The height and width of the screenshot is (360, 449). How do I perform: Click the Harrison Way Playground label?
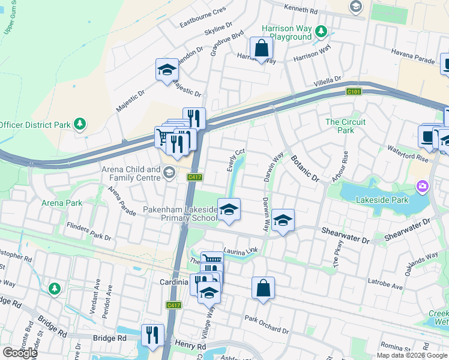tap(286, 32)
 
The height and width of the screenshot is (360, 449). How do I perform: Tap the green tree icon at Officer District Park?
tap(79, 124)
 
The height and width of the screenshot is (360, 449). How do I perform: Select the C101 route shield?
tap(354, 91)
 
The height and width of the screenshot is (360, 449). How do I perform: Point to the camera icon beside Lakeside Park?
tap(423, 187)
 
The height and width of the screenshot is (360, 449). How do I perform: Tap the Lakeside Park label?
tap(382, 200)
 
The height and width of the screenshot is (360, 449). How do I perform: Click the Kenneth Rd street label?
tap(301, 11)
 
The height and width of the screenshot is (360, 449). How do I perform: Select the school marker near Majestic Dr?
tap(167, 70)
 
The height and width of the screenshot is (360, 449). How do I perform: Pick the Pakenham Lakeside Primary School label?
tap(180, 214)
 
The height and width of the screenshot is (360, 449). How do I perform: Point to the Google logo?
tap(20, 353)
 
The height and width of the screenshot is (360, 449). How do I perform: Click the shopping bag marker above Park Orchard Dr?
tap(263, 288)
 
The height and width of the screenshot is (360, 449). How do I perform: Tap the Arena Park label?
tap(62, 203)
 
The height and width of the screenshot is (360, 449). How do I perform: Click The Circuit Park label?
tap(345, 126)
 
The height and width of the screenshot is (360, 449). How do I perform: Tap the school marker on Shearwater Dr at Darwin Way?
tap(283, 221)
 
